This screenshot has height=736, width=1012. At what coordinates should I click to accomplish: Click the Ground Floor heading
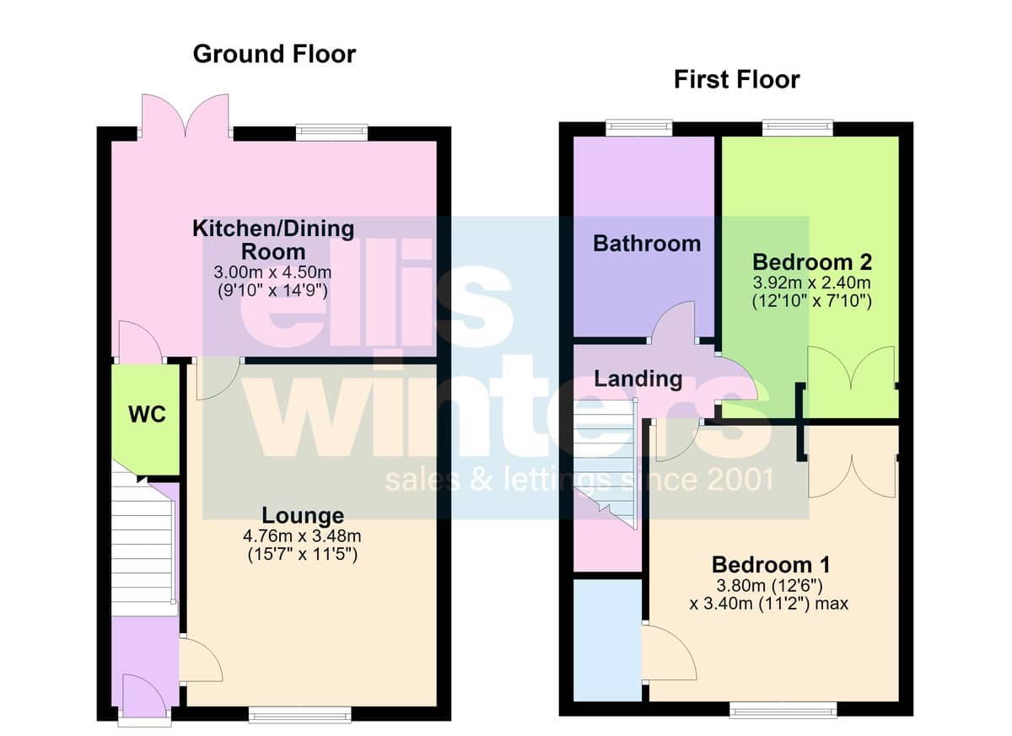274,54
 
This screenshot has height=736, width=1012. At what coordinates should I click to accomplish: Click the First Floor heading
737,79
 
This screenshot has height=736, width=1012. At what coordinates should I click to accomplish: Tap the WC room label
148,414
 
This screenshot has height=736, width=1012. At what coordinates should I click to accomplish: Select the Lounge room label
303,515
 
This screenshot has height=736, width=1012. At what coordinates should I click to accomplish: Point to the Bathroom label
647,244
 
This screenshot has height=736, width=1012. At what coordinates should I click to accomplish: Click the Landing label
638,379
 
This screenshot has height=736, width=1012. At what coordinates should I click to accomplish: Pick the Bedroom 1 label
771,564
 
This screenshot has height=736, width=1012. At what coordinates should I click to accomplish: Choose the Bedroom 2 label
812,262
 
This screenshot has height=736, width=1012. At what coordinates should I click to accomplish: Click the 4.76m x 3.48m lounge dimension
302,536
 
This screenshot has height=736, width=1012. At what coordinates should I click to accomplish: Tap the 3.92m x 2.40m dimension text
812,282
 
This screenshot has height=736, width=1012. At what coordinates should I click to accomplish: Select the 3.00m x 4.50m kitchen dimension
272,272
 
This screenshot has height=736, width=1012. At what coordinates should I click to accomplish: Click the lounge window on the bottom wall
300,715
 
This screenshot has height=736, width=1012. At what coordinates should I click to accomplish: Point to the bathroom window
639,128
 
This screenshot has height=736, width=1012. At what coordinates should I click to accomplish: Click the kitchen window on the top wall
332,132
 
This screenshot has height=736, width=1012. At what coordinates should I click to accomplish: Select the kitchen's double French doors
186,116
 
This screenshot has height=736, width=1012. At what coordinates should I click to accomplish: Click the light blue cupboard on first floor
607,640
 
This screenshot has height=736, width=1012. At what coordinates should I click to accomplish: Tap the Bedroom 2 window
798,128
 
